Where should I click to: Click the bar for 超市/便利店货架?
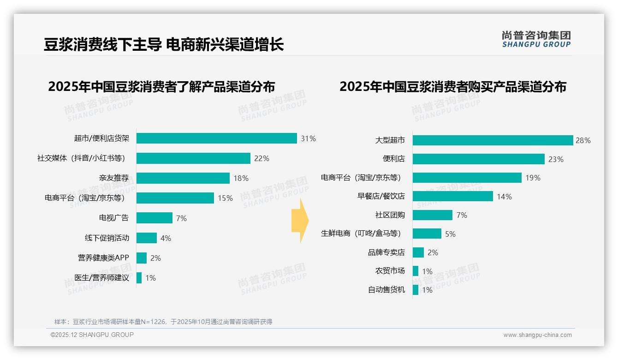coord(216,138)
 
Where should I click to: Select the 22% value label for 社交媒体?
coord(261,158)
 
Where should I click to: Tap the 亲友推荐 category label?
coord(114,178)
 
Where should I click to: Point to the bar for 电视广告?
coord(154,218)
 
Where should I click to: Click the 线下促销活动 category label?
coord(107,238)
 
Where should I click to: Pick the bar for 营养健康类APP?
coord(142,258)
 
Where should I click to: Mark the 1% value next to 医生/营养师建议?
coord(151,278)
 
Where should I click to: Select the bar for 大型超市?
coord(492,140)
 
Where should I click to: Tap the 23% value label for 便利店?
coord(556,159)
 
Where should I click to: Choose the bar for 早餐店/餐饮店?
coord(452,197)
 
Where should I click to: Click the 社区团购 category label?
coord(390,215)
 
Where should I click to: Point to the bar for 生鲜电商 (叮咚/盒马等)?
coord(427,234)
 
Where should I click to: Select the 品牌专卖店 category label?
coord(386,252)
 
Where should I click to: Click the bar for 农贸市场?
coord(416,271)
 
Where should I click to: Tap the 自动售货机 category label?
coord(386,290)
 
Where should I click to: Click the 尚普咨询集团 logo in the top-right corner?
coord(536,39)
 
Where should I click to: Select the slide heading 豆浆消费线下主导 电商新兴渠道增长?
coord(164,44)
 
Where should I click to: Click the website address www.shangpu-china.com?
coord(537,335)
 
